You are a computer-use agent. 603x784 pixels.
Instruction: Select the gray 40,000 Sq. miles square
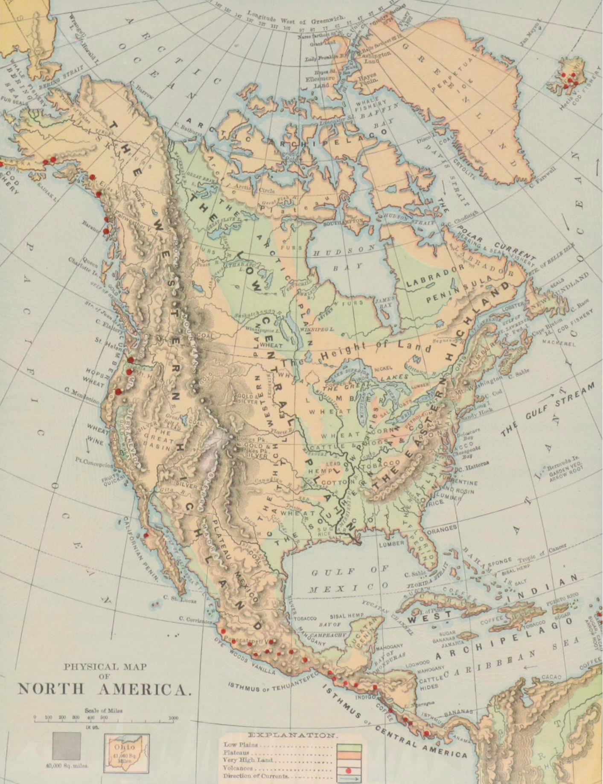67,746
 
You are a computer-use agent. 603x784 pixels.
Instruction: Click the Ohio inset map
127,752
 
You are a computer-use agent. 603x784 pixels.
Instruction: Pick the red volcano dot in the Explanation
348,771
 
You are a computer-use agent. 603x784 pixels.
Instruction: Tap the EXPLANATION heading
292,735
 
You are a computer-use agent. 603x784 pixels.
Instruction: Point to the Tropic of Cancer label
542,553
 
